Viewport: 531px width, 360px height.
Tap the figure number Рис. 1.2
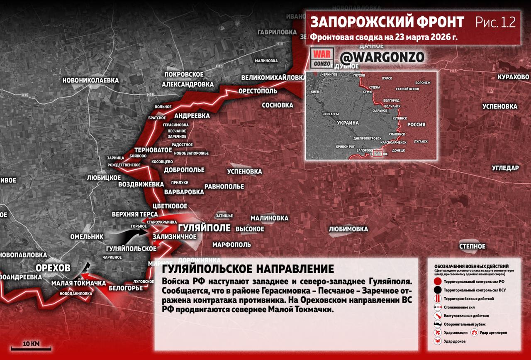495,22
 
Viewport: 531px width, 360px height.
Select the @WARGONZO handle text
382,56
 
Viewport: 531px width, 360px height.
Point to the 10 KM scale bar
31,348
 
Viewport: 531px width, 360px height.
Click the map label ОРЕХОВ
53,268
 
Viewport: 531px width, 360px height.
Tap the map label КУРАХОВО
514,77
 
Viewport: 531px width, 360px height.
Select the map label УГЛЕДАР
505,168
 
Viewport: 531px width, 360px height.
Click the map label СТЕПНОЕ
472,246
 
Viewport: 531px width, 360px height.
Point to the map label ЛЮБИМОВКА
348,229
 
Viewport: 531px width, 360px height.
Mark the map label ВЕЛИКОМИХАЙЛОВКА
274,78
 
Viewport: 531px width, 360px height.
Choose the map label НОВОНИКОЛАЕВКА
90,80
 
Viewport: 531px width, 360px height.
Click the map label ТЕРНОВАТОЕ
153,149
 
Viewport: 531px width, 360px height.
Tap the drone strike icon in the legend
437,341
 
